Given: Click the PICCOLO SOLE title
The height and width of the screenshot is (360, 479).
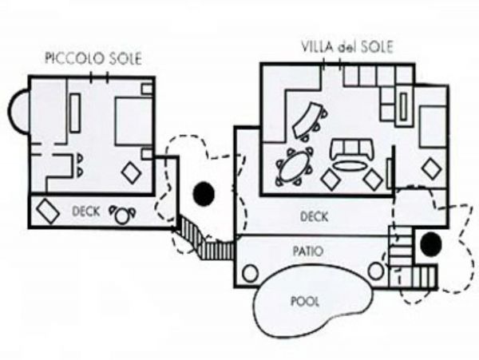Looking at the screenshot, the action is click(93, 58).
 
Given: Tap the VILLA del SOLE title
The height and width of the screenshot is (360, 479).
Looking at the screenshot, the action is click(347, 47).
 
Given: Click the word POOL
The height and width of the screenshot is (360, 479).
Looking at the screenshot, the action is click(305, 302).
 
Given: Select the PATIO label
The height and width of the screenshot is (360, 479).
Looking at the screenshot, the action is click(308, 251).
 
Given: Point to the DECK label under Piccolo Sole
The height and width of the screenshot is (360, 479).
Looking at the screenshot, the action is click(86, 212).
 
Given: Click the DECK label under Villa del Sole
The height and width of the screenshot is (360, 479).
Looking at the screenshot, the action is click(314, 217).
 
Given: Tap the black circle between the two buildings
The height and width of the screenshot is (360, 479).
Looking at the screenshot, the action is click(204, 194).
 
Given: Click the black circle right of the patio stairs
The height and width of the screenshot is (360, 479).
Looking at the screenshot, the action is click(431, 244).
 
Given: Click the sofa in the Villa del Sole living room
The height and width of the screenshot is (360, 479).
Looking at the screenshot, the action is click(351, 148).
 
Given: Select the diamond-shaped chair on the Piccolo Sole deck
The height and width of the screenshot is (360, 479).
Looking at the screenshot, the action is click(48, 212).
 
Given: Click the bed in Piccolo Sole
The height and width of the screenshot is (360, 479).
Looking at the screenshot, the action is click(134, 121).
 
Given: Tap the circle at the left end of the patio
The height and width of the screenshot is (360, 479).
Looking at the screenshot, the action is click(250, 273).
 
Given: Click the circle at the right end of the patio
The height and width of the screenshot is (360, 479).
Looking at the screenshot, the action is click(376, 271).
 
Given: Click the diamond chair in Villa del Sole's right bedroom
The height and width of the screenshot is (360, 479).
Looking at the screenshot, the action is click(431, 168).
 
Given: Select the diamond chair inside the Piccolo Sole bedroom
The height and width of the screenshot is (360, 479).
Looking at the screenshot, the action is click(132, 172).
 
